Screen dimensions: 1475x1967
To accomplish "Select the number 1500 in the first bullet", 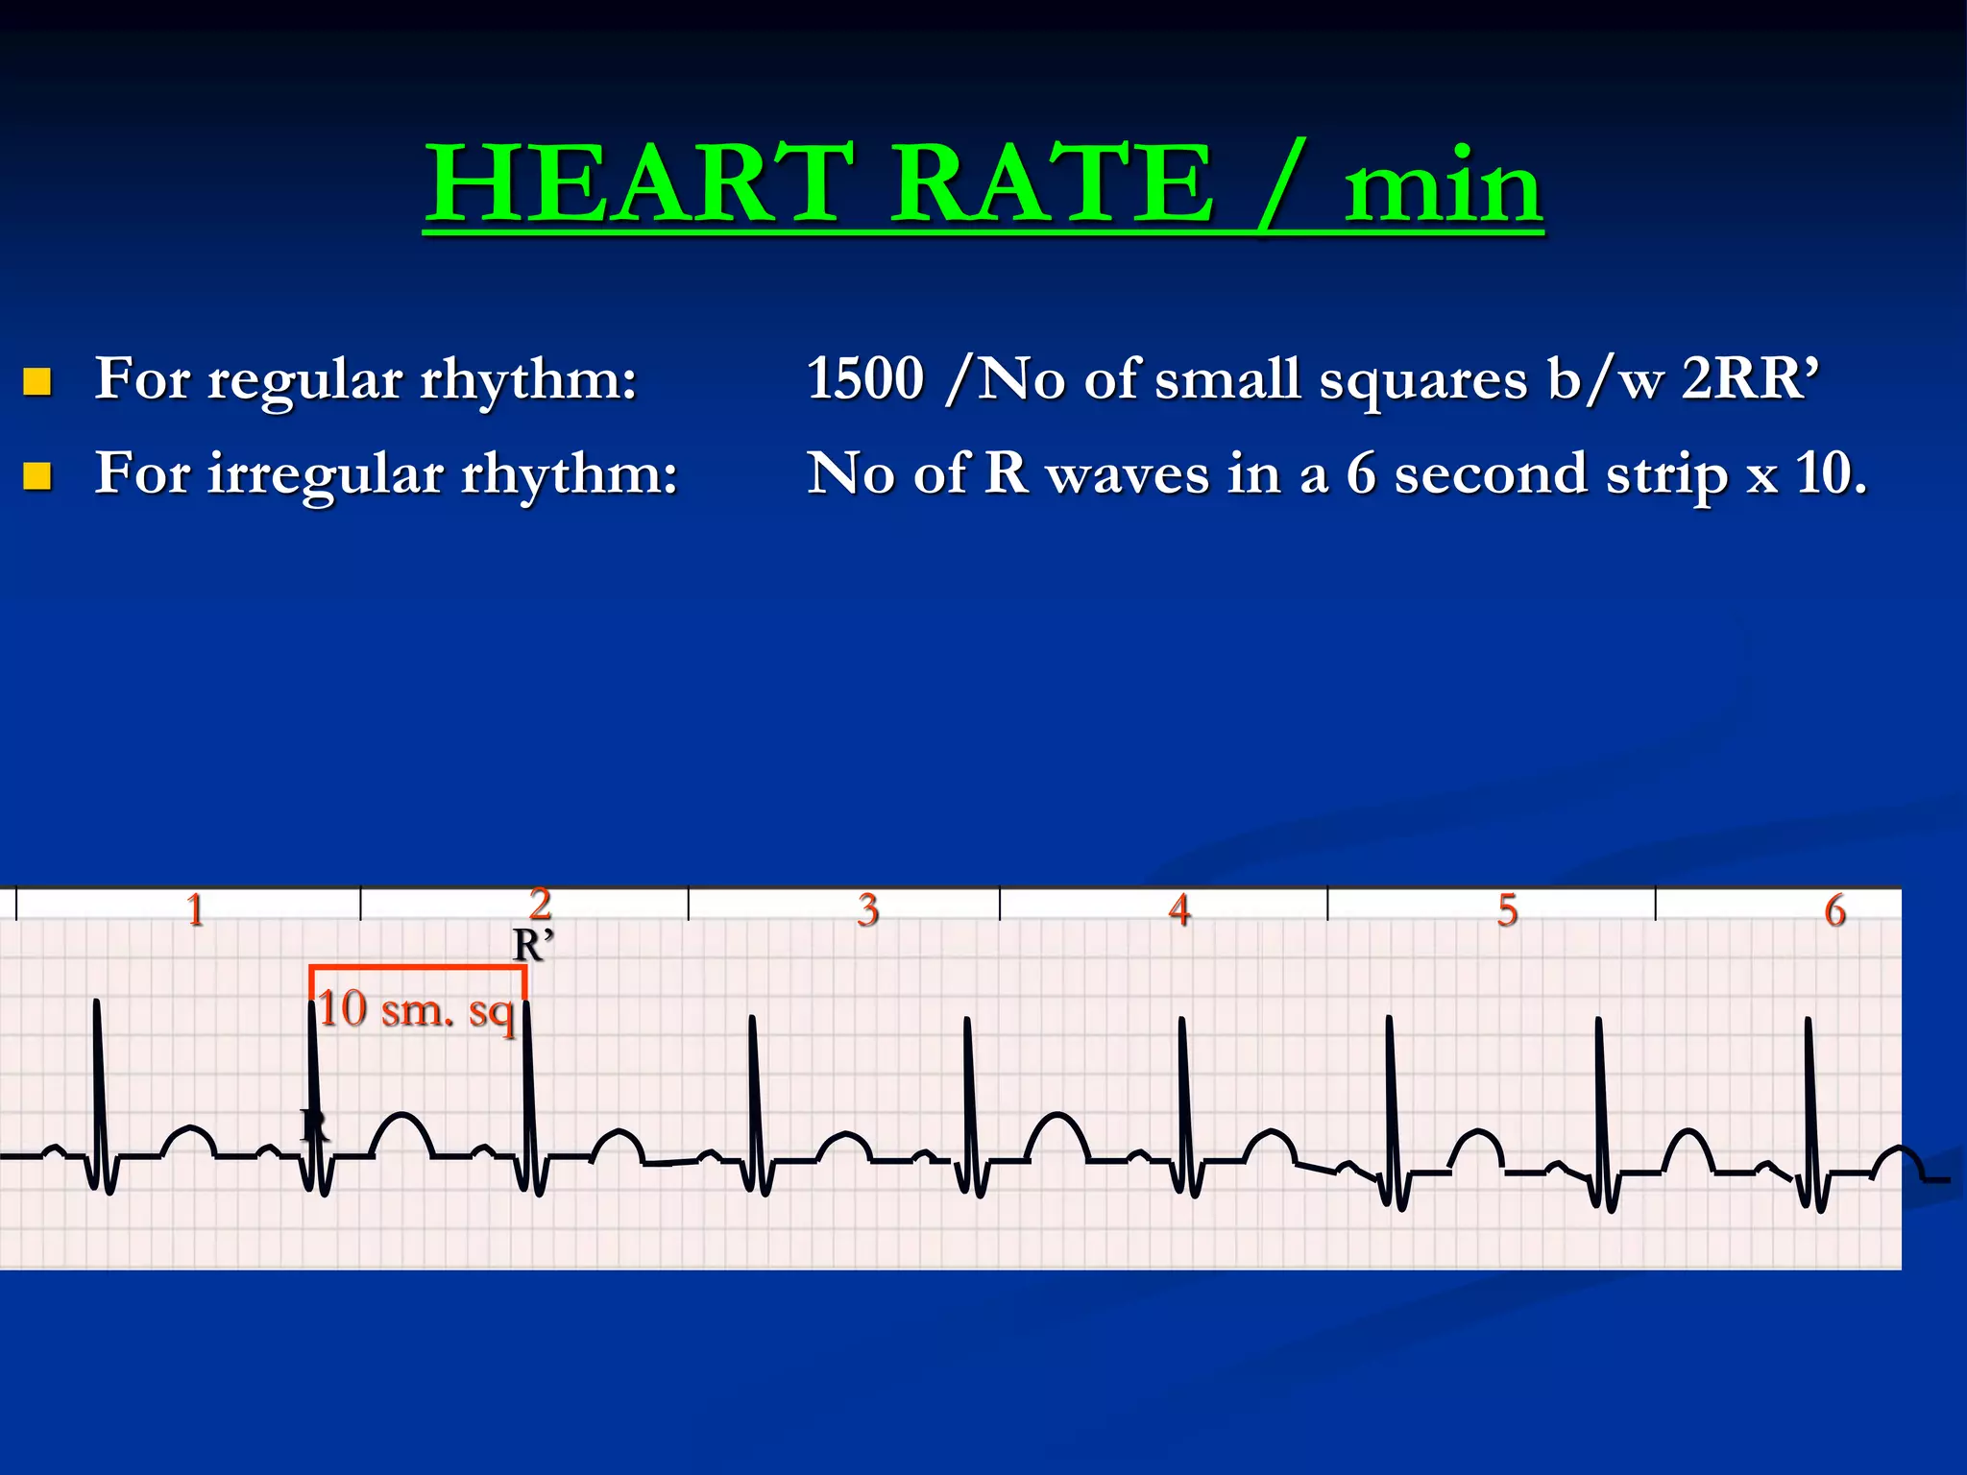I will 865,377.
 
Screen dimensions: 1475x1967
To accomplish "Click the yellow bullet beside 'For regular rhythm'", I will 36,382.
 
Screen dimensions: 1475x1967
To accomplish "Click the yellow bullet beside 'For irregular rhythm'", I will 36,476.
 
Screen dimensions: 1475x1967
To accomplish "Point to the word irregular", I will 326,474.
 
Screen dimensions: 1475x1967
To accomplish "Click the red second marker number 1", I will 195,909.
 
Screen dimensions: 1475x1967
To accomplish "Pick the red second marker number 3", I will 868,909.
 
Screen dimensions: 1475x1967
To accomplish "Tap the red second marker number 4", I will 1179,909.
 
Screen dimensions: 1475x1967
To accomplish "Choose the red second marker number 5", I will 1508,909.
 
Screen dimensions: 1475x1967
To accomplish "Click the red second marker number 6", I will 1835,909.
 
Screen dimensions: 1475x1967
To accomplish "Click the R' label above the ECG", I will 533,946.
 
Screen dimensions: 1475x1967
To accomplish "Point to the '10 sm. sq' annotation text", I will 416,1010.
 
